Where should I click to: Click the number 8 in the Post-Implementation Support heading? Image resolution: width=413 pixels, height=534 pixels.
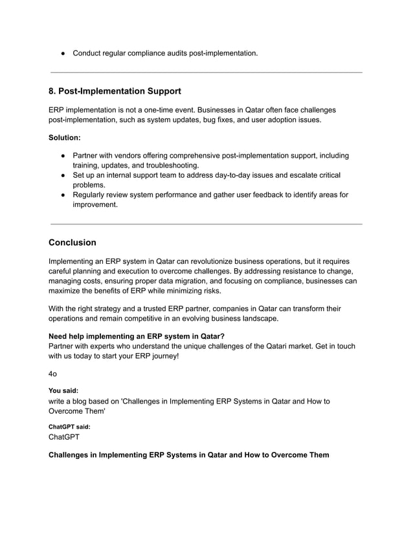[52, 91]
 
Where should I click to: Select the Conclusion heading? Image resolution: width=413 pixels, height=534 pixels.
[73, 242]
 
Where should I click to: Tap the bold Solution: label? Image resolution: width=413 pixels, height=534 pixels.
[67, 138]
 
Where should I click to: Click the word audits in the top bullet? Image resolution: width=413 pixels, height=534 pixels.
[175, 52]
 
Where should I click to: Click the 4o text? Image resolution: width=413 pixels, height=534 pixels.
[53, 374]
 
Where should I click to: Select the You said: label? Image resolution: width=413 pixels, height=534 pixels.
[63, 390]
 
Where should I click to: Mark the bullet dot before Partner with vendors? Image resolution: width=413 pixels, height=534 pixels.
[64, 156]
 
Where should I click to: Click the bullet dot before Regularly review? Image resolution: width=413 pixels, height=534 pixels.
[64, 195]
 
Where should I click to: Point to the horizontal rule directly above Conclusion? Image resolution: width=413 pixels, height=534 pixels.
[206, 224]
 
